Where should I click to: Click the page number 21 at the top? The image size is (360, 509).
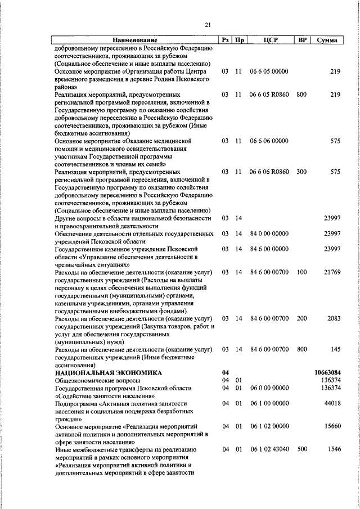point(208,25)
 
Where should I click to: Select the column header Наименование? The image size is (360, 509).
point(134,40)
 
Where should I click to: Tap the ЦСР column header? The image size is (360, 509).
point(268,40)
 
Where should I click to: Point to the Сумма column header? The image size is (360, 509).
point(327,40)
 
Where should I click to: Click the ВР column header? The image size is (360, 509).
point(301,40)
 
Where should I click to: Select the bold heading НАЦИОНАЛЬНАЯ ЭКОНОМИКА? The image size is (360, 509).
point(108,373)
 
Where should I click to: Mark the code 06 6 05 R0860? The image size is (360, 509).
point(269,94)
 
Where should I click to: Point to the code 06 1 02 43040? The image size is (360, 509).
point(269,450)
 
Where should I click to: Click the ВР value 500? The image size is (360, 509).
point(301,450)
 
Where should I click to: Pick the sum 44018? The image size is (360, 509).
point(332,404)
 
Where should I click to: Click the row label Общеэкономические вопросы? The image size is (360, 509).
point(97,381)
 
